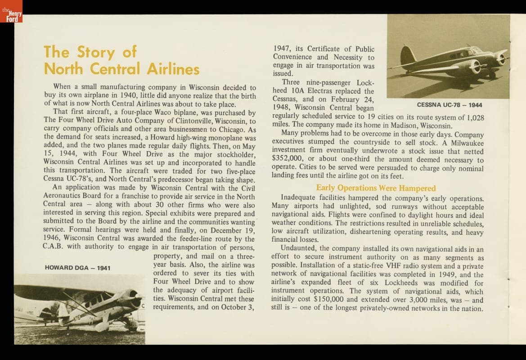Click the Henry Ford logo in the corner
tap(11, 11)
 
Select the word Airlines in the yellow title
tap(173, 69)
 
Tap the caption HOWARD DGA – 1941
tap(77, 268)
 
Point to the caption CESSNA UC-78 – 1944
tap(450, 105)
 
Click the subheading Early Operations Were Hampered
tap(376, 188)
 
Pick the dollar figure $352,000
tap(288, 160)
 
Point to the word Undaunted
tap(297, 248)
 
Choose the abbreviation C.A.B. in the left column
tap(55, 247)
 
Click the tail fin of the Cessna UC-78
tap(407, 56)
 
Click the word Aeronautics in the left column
tap(65, 196)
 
